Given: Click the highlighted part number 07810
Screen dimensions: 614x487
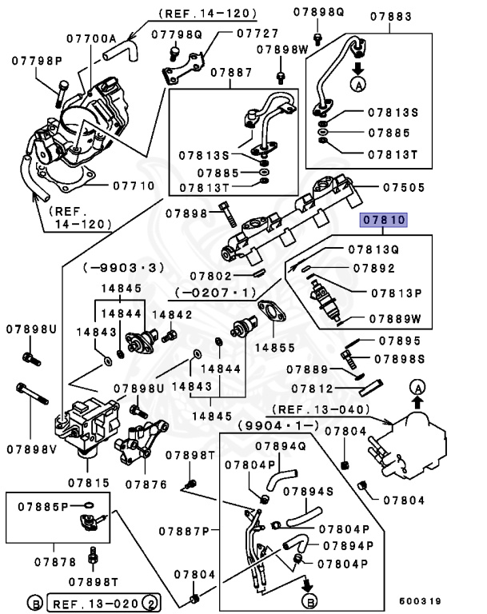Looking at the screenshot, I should (384, 220).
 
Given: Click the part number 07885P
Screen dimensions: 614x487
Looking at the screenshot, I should (42, 504).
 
